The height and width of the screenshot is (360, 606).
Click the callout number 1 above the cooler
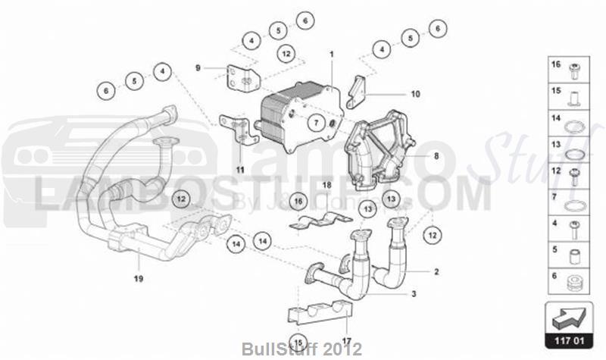(331, 54)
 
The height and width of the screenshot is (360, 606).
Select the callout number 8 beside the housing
(436, 156)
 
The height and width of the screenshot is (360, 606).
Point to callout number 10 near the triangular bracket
(414, 95)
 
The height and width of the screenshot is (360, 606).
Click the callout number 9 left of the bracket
(198, 68)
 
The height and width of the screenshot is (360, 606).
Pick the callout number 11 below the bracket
(239, 170)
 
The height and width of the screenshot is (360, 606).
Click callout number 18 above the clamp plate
(326, 184)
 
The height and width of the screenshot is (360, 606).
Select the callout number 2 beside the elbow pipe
(436, 271)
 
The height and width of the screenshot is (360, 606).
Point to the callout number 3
(414, 294)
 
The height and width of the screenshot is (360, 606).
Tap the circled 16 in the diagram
(298, 201)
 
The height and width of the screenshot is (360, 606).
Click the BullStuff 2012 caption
(302, 349)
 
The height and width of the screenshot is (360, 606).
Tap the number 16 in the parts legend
(555, 67)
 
